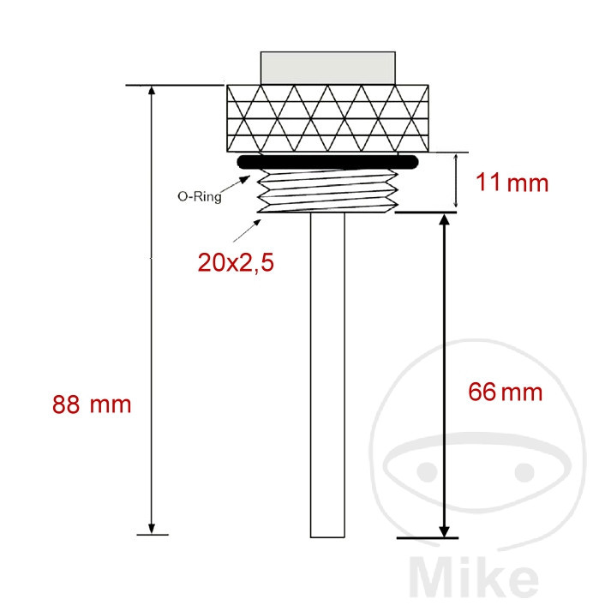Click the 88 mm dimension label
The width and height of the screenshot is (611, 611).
pos(92,404)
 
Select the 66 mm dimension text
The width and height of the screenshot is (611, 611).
pos(505,392)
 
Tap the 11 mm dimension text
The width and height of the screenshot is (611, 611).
pos(512,183)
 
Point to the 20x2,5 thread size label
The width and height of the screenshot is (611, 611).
pos(236,262)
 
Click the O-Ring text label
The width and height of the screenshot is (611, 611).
pos(200,196)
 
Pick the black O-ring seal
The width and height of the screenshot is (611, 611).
pos(327,162)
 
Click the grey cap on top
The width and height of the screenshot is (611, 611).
pos(327,68)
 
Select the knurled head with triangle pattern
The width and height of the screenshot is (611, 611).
pos(327,118)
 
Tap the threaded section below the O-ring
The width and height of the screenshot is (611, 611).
pos(327,191)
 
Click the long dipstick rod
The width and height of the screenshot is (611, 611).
pos(327,374)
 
